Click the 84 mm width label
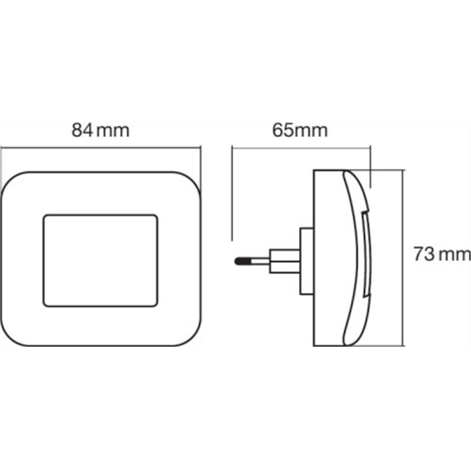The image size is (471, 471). (100, 130)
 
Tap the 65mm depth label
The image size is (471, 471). (300, 130)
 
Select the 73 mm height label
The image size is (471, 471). (442, 254)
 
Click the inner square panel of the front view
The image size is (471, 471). (100, 261)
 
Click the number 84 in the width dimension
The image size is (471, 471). (82, 130)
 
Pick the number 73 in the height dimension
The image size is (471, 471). (424, 254)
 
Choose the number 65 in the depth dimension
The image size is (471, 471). (283, 130)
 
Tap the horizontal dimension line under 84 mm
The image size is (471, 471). (100, 148)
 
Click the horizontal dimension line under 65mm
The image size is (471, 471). (301, 148)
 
